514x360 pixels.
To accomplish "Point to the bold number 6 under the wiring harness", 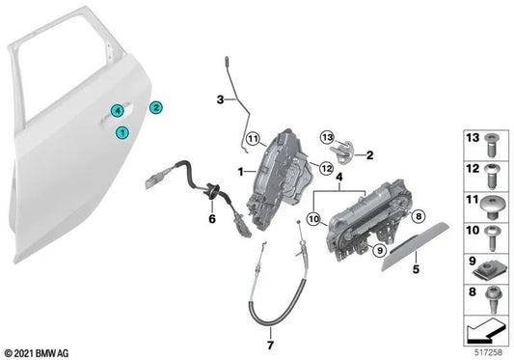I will (x=212, y=220).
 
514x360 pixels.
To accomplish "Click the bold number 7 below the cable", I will (x=270, y=346).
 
